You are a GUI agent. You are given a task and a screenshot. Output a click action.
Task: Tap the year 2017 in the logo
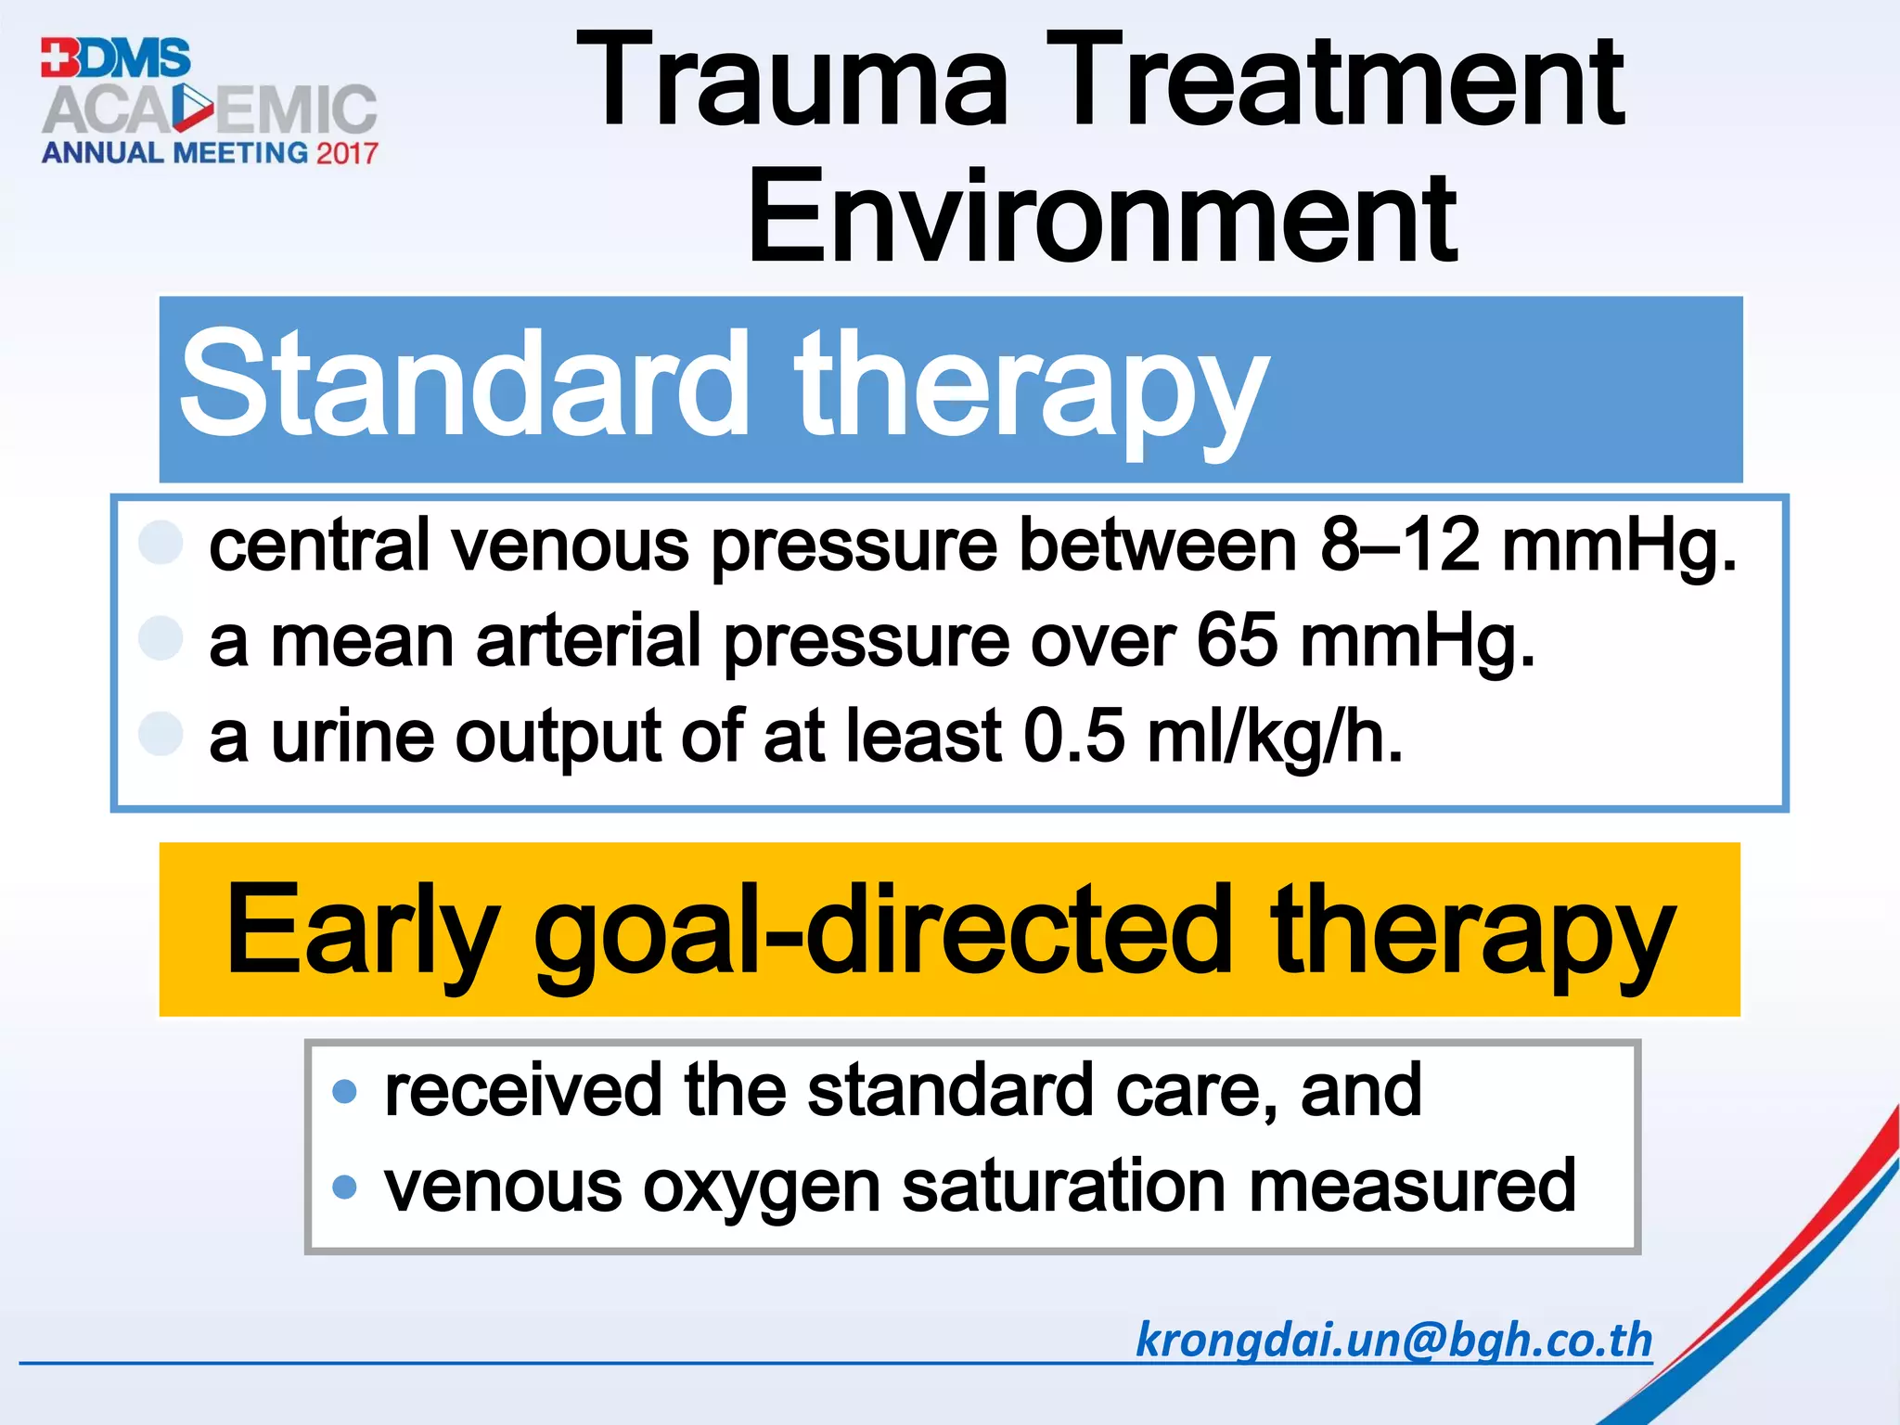(347, 153)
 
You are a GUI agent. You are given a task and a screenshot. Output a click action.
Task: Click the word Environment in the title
(1101, 218)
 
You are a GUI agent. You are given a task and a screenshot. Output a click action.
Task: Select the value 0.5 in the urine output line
(1074, 736)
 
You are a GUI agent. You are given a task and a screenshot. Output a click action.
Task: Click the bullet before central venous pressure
(160, 543)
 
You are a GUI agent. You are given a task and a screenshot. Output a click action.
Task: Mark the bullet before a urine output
(160, 734)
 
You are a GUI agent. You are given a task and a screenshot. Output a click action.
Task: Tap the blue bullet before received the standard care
(344, 1091)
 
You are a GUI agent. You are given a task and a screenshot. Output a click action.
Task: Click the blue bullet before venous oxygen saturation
(344, 1187)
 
